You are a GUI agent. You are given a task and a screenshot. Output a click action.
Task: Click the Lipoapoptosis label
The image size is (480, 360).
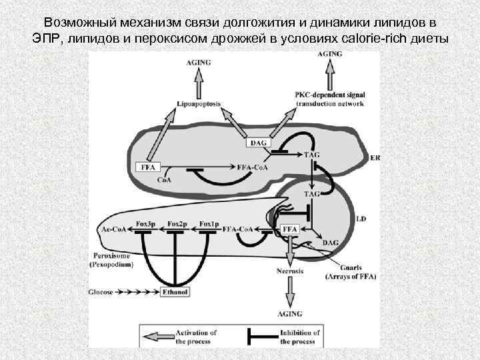click(x=199, y=105)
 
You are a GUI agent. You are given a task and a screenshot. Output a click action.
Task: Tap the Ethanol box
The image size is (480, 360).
click(x=175, y=292)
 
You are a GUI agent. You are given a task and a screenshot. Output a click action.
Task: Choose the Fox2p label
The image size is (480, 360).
click(x=177, y=223)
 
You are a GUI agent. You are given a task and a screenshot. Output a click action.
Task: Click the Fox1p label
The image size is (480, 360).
click(x=208, y=223)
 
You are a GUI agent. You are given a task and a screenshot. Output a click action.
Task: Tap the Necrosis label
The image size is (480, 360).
click(x=289, y=271)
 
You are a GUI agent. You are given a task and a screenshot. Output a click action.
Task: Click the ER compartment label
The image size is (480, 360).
click(x=375, y=158)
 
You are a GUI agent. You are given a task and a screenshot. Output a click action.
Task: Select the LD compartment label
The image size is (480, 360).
click(x=361, y=218)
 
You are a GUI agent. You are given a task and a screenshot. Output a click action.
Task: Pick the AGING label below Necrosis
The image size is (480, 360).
click(x=289, y=313)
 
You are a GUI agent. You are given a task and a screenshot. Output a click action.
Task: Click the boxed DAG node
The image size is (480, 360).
click(x=258, y=143)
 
